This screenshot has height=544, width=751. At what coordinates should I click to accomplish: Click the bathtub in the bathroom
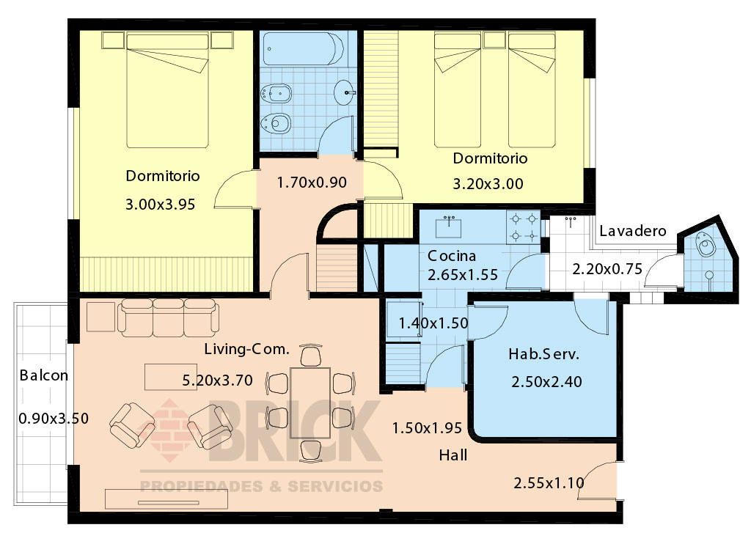(303, 48)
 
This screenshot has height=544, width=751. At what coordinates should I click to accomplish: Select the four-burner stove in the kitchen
(524, 227)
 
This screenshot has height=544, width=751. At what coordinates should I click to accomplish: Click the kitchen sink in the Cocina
(448, 227)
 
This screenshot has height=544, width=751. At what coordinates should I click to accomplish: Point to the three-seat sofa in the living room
(169, 317)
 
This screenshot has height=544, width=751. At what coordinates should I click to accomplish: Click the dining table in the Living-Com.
(310, 403)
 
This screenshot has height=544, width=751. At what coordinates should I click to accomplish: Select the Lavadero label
(633, 231)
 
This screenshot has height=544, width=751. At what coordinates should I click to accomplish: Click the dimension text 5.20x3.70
(217, 381)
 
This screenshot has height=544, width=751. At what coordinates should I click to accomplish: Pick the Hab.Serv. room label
(543, 354)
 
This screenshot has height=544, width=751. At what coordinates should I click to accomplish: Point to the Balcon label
(43, 375)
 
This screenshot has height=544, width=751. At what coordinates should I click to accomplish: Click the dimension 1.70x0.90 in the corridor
(312, 183)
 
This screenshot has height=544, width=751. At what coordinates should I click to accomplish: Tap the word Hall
(453, 455)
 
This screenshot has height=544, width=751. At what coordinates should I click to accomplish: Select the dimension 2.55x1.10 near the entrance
(549, 482)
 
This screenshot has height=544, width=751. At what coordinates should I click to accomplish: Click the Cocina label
(452, 256)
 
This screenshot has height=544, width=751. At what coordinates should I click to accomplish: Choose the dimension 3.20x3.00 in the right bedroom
(488, 184)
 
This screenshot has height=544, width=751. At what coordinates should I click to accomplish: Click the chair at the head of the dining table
(311, 355)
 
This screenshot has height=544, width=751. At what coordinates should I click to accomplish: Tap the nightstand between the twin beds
(494, 40)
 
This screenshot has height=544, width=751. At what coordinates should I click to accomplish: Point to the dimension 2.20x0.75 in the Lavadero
(607, 269)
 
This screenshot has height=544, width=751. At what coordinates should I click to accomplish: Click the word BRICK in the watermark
(296, 431)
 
